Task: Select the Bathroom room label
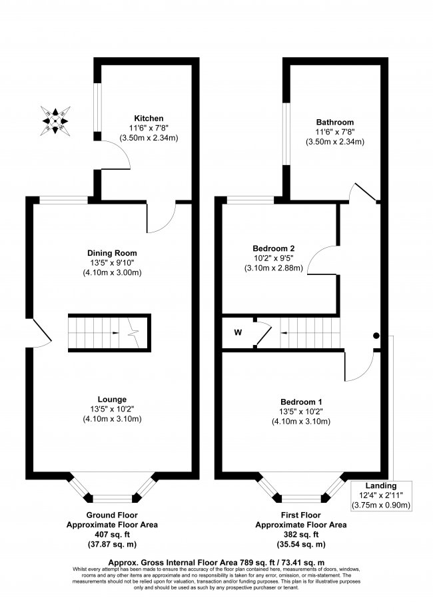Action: (334, 122)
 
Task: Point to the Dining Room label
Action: (112, 252)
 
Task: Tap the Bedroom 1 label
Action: (301, 402)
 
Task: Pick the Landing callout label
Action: (380, 485)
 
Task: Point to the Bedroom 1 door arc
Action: (358, 366)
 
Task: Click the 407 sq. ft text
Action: (112, 534)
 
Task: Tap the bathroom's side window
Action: (285, 133)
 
